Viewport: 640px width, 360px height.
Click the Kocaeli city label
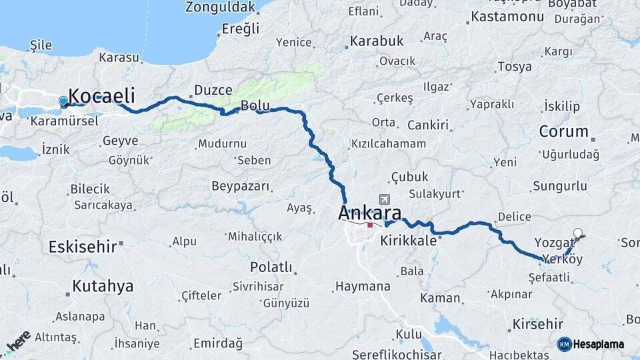point(102,95)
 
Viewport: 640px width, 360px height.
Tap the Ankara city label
point(370,213)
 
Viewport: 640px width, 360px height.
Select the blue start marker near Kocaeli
point(63,101)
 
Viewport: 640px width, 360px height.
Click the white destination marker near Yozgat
point(578,233)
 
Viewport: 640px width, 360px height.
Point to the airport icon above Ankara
point(384,199)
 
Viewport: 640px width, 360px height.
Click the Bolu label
point(255,105)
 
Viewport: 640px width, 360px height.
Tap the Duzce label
point(213,90)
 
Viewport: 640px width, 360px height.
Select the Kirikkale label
point(408,241)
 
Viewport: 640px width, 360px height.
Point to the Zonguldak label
point(221,7)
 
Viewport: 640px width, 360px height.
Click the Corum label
point(563,131)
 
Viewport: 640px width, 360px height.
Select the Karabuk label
point(377,41)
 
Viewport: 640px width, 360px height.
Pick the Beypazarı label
point(240,186)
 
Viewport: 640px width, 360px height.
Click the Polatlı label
point(271,267)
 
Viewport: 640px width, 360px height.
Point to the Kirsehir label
point(537,325)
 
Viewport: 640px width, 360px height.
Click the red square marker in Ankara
point(371,225)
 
